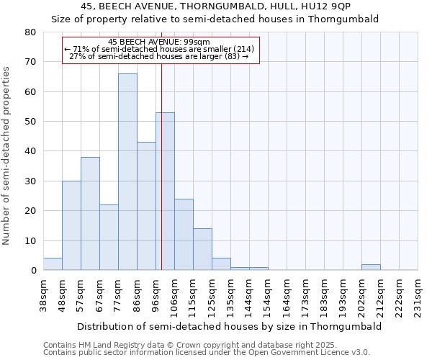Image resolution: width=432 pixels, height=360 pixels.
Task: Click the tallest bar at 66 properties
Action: point(127,172)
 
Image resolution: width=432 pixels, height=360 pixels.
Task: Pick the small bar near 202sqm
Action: point(371,267)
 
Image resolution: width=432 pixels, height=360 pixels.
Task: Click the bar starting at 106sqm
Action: point(184,235)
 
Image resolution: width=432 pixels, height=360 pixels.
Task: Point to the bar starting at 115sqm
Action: point(202,249)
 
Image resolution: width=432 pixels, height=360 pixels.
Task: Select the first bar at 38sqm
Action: point(53,264)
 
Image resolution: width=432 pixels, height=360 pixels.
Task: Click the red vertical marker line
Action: point(161,180)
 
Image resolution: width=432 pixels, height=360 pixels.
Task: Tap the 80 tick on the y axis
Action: point(30,32)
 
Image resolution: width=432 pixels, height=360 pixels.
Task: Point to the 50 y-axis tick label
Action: point(30,122)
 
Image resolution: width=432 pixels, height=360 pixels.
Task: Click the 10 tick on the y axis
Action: point(30,240)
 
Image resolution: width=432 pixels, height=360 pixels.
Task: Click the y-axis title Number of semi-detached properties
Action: point(7,155)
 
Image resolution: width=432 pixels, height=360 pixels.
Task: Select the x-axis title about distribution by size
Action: point(229,326)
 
